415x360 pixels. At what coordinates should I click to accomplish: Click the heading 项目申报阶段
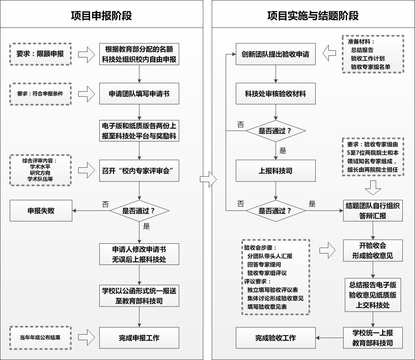(101, 16)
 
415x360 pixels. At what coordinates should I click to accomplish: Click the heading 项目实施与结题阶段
(313, 16)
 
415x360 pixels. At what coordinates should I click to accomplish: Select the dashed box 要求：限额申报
(41, 54)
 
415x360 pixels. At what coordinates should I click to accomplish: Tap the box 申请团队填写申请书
(139, 94)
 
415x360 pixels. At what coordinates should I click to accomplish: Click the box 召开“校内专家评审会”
(139, 170)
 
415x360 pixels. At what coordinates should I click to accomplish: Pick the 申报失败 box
(41, 211)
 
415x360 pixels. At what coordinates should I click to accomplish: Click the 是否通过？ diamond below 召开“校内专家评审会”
(139, 210)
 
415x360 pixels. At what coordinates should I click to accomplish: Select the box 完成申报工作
(139, 338)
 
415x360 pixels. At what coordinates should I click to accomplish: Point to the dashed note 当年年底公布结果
(41, 338)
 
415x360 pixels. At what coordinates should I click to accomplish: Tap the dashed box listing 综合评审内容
(41, 170)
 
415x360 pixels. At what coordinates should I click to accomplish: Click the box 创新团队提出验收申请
(276, 55)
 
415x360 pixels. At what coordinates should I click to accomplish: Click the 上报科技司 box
(276, 171)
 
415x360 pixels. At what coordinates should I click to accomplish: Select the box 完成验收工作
(276, 338)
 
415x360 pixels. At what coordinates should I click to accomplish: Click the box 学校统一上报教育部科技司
(372, 338)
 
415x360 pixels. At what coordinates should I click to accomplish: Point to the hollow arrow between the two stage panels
(208, 180)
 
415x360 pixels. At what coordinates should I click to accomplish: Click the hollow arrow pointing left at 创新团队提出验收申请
(329, 54)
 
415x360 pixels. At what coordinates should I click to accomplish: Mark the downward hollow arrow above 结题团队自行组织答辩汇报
(373, 187)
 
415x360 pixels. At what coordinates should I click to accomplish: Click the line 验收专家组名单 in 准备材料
(371, 67)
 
